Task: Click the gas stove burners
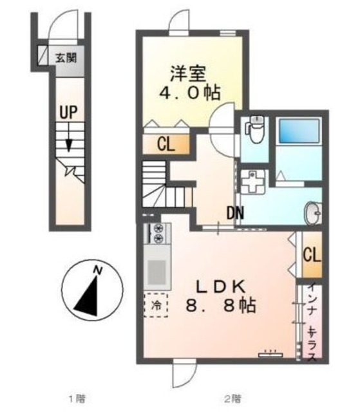click(158, 234)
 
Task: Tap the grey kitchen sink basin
click(156, 272)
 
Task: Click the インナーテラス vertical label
click(312, 321)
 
